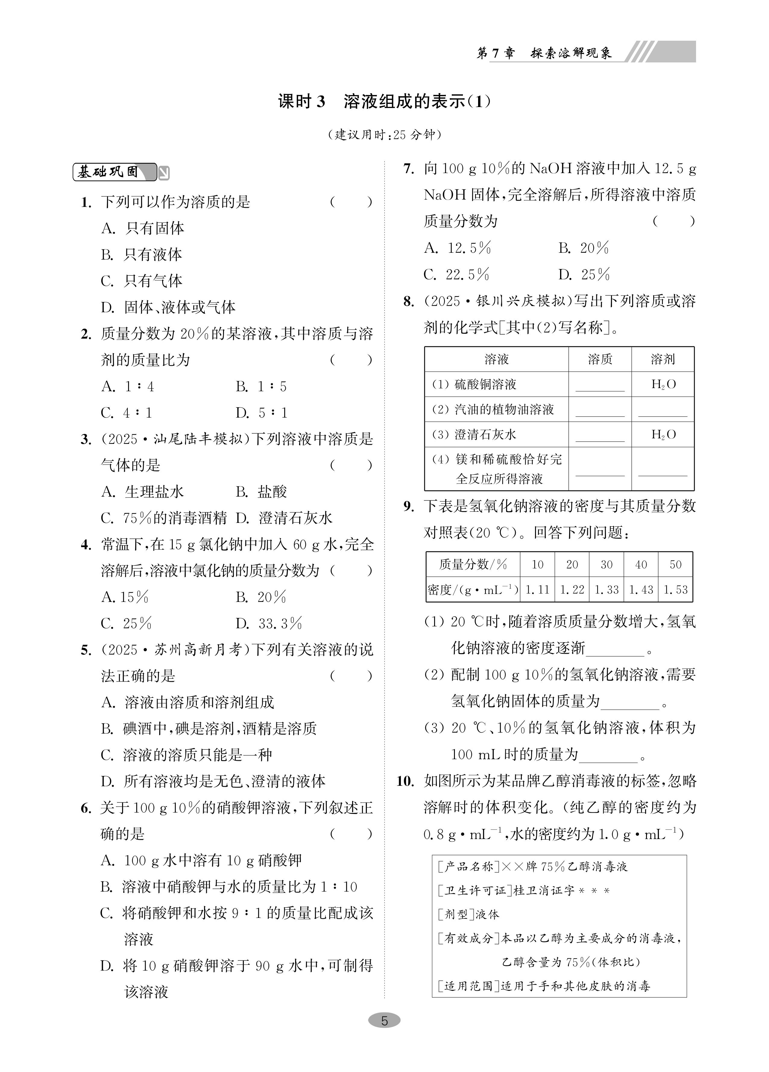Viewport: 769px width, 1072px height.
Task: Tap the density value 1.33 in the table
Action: click(x=607, y=590)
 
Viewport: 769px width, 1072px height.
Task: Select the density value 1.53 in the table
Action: click(x=676, y=590)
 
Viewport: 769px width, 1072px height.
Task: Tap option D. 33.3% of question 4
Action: click(x=269, y=623)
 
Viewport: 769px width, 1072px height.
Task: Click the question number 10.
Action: click(x=405, y=781)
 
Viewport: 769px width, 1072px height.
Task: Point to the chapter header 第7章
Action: click(x=495, y=53)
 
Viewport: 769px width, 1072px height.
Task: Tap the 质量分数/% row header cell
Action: click(x=473, y=564)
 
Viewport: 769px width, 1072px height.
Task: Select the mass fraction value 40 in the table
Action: click(x=641, y=564)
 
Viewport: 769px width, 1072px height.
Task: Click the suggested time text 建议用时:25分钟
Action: click(x=384, y=135)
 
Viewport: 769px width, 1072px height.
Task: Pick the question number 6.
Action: click(x=86, y=808)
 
